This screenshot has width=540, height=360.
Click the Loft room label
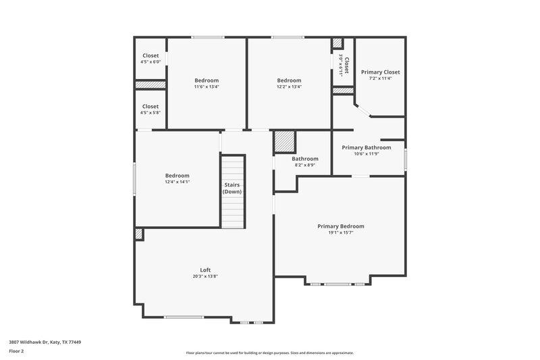(205, 269)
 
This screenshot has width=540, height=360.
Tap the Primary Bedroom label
(341, 226)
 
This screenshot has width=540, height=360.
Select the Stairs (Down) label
(232, 188)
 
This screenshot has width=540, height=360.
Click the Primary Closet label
(380, 72)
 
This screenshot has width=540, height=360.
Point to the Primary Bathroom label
(366, 147)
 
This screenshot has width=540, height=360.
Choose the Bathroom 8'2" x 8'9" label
(304, 159)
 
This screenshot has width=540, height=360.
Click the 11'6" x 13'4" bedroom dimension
(207, 86)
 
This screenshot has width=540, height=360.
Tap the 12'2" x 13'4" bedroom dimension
(289, 86)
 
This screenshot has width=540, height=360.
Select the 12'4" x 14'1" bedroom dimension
(177, 182)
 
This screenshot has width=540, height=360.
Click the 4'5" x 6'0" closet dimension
(151, 62)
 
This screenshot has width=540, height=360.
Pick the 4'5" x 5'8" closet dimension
(151, 113)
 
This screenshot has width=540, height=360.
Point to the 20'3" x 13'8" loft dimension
(205, 276)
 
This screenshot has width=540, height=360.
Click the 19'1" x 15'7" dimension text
(341, 232)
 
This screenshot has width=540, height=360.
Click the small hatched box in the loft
(139, 234)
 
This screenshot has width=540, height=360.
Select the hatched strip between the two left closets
(151, 85)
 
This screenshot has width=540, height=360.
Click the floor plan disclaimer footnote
(270, 353)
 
